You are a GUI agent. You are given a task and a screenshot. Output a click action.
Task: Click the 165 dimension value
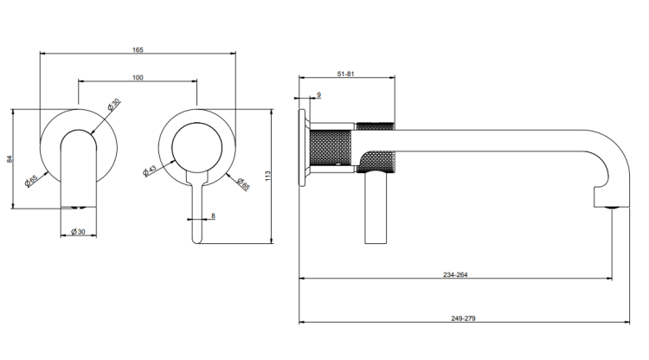click(138, 50)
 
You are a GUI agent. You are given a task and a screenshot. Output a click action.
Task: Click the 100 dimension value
click(138, 78)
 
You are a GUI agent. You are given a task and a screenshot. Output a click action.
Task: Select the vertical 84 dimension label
click(10, 159)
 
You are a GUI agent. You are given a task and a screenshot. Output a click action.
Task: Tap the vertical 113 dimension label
click(267, 176)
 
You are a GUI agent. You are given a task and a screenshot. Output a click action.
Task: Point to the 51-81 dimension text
click(346, 74)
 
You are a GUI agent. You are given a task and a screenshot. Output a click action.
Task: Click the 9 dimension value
click(318, 94)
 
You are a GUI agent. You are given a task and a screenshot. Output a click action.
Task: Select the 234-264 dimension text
click(455, 274)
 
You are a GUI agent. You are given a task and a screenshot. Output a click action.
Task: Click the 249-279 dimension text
click(464, 318)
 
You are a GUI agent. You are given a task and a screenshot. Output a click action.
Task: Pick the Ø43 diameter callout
click(150, 170)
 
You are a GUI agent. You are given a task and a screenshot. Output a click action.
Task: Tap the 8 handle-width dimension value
click(213, 216)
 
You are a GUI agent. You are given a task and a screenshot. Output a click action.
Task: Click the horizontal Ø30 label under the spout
click(78, 232)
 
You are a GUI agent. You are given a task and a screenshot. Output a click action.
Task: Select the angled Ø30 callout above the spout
click(113, 104)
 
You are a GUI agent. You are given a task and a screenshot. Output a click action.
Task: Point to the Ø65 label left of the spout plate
click(31, 180)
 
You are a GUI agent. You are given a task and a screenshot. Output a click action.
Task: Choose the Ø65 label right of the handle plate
click(243, 183)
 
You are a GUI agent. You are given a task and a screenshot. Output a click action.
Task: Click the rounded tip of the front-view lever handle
click(197, 241)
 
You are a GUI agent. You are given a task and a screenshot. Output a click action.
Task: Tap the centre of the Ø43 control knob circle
click(197, 148)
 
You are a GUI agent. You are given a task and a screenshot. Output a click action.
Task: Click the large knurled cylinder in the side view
click(331, 147)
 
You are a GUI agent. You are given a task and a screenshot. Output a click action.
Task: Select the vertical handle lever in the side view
click(376, 209)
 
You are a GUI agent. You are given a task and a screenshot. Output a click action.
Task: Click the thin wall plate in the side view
click(302, 147)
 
